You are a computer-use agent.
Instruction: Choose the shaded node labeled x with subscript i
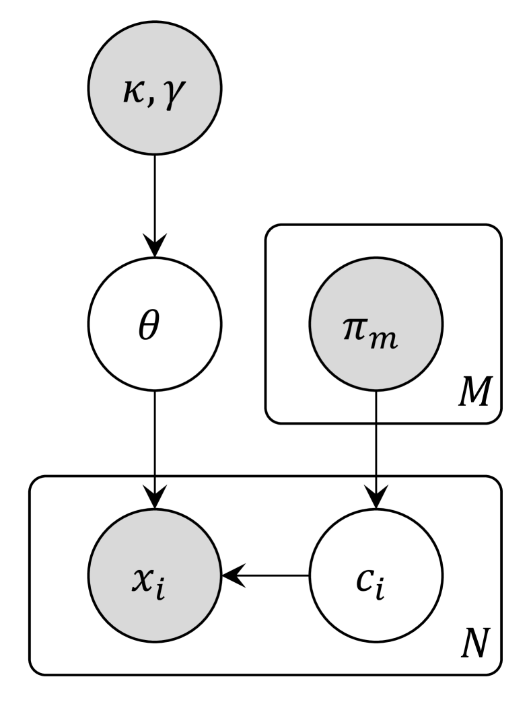(x=155, y=576)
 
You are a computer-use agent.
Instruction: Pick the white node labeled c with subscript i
(x=376, y=576)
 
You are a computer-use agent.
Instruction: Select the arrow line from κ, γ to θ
(x=155, y=195)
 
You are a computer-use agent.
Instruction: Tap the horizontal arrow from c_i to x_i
(x=269, y=576)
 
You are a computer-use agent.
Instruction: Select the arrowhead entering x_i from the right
(x=232, y=576)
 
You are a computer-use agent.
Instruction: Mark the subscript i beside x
(x=170, y=585)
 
